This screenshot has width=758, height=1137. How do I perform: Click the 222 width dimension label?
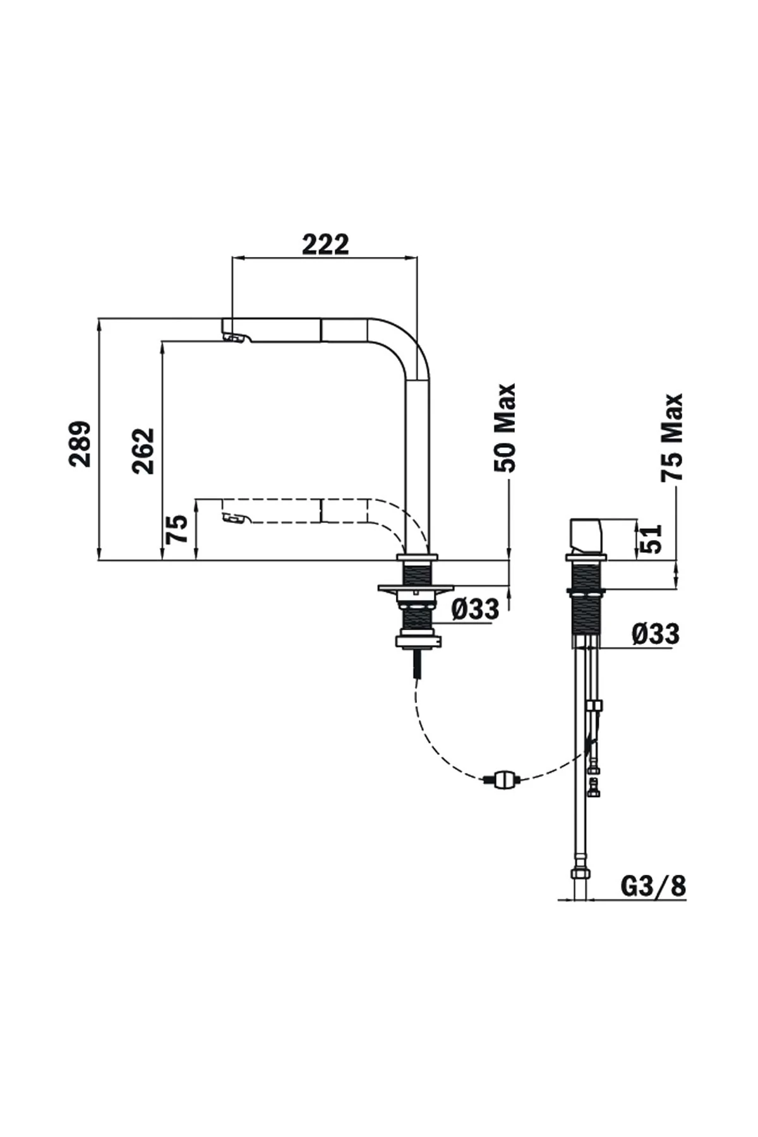[x=325, y=244]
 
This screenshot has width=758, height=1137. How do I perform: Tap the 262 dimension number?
[x=143, y=450]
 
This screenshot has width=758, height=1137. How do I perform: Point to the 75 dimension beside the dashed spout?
[x=177, y=529]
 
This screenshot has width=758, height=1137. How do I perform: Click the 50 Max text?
[x=505, y=428]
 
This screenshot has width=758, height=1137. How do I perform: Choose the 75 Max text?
[x=673, y=437]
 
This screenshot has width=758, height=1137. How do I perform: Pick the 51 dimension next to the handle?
[x=652, y=539]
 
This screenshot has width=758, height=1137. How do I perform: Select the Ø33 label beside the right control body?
[x=656, y=634]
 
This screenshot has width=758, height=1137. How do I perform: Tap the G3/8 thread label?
[x=654, y=887]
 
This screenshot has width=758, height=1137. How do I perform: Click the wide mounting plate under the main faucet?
[x=416, y=589]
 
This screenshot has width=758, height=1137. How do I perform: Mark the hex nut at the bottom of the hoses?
[x=581, y=875]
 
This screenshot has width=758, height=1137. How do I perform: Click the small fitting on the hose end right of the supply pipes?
[x=594, y=788]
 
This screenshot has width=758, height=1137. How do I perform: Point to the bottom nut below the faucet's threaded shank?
[x=416, y=641]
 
